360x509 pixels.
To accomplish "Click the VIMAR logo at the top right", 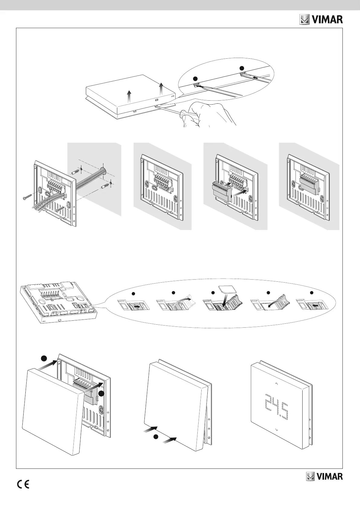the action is (x=321, y=20).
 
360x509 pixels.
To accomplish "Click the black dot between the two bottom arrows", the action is (x=155, y=436).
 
